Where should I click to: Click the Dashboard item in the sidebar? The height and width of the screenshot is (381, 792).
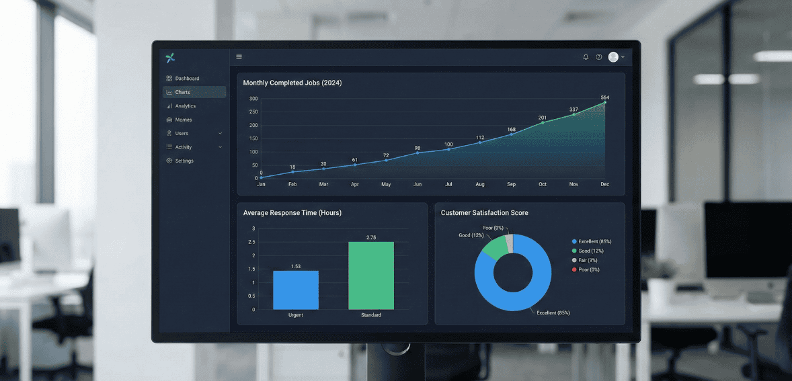click(x=186, y=79)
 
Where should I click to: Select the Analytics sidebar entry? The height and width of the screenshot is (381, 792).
click(x=185, y=106)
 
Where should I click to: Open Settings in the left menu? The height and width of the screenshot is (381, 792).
click(x=184, y=161)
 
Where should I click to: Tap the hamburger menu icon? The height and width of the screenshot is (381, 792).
click(x=239, y=57)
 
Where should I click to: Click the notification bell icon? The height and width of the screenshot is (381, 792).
click(x=586, y=57)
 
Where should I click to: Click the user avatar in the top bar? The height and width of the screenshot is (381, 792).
click(x=613, y=57)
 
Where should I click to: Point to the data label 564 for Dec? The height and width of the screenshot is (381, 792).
click(x=604, y=98)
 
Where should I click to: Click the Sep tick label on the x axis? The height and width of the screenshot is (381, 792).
click(x=512, y=184)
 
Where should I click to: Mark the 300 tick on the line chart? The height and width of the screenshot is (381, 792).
click(x=253, y=99)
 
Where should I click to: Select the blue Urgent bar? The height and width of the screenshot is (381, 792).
click(x=296, y=290)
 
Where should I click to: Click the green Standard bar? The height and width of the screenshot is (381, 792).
click(x=371, y=276)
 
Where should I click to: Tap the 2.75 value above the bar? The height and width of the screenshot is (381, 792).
click(x=371, y=238)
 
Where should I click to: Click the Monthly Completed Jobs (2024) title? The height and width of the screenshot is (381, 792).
click(x=292, y=83)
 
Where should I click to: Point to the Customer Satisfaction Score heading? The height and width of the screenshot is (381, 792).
click(x=484, y=213)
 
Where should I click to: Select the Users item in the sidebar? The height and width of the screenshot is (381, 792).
click(x=182, y=134)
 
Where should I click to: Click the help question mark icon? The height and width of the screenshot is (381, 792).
click(x=599, y=57)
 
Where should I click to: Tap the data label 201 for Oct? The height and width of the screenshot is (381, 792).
click(x=543, y=118)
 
